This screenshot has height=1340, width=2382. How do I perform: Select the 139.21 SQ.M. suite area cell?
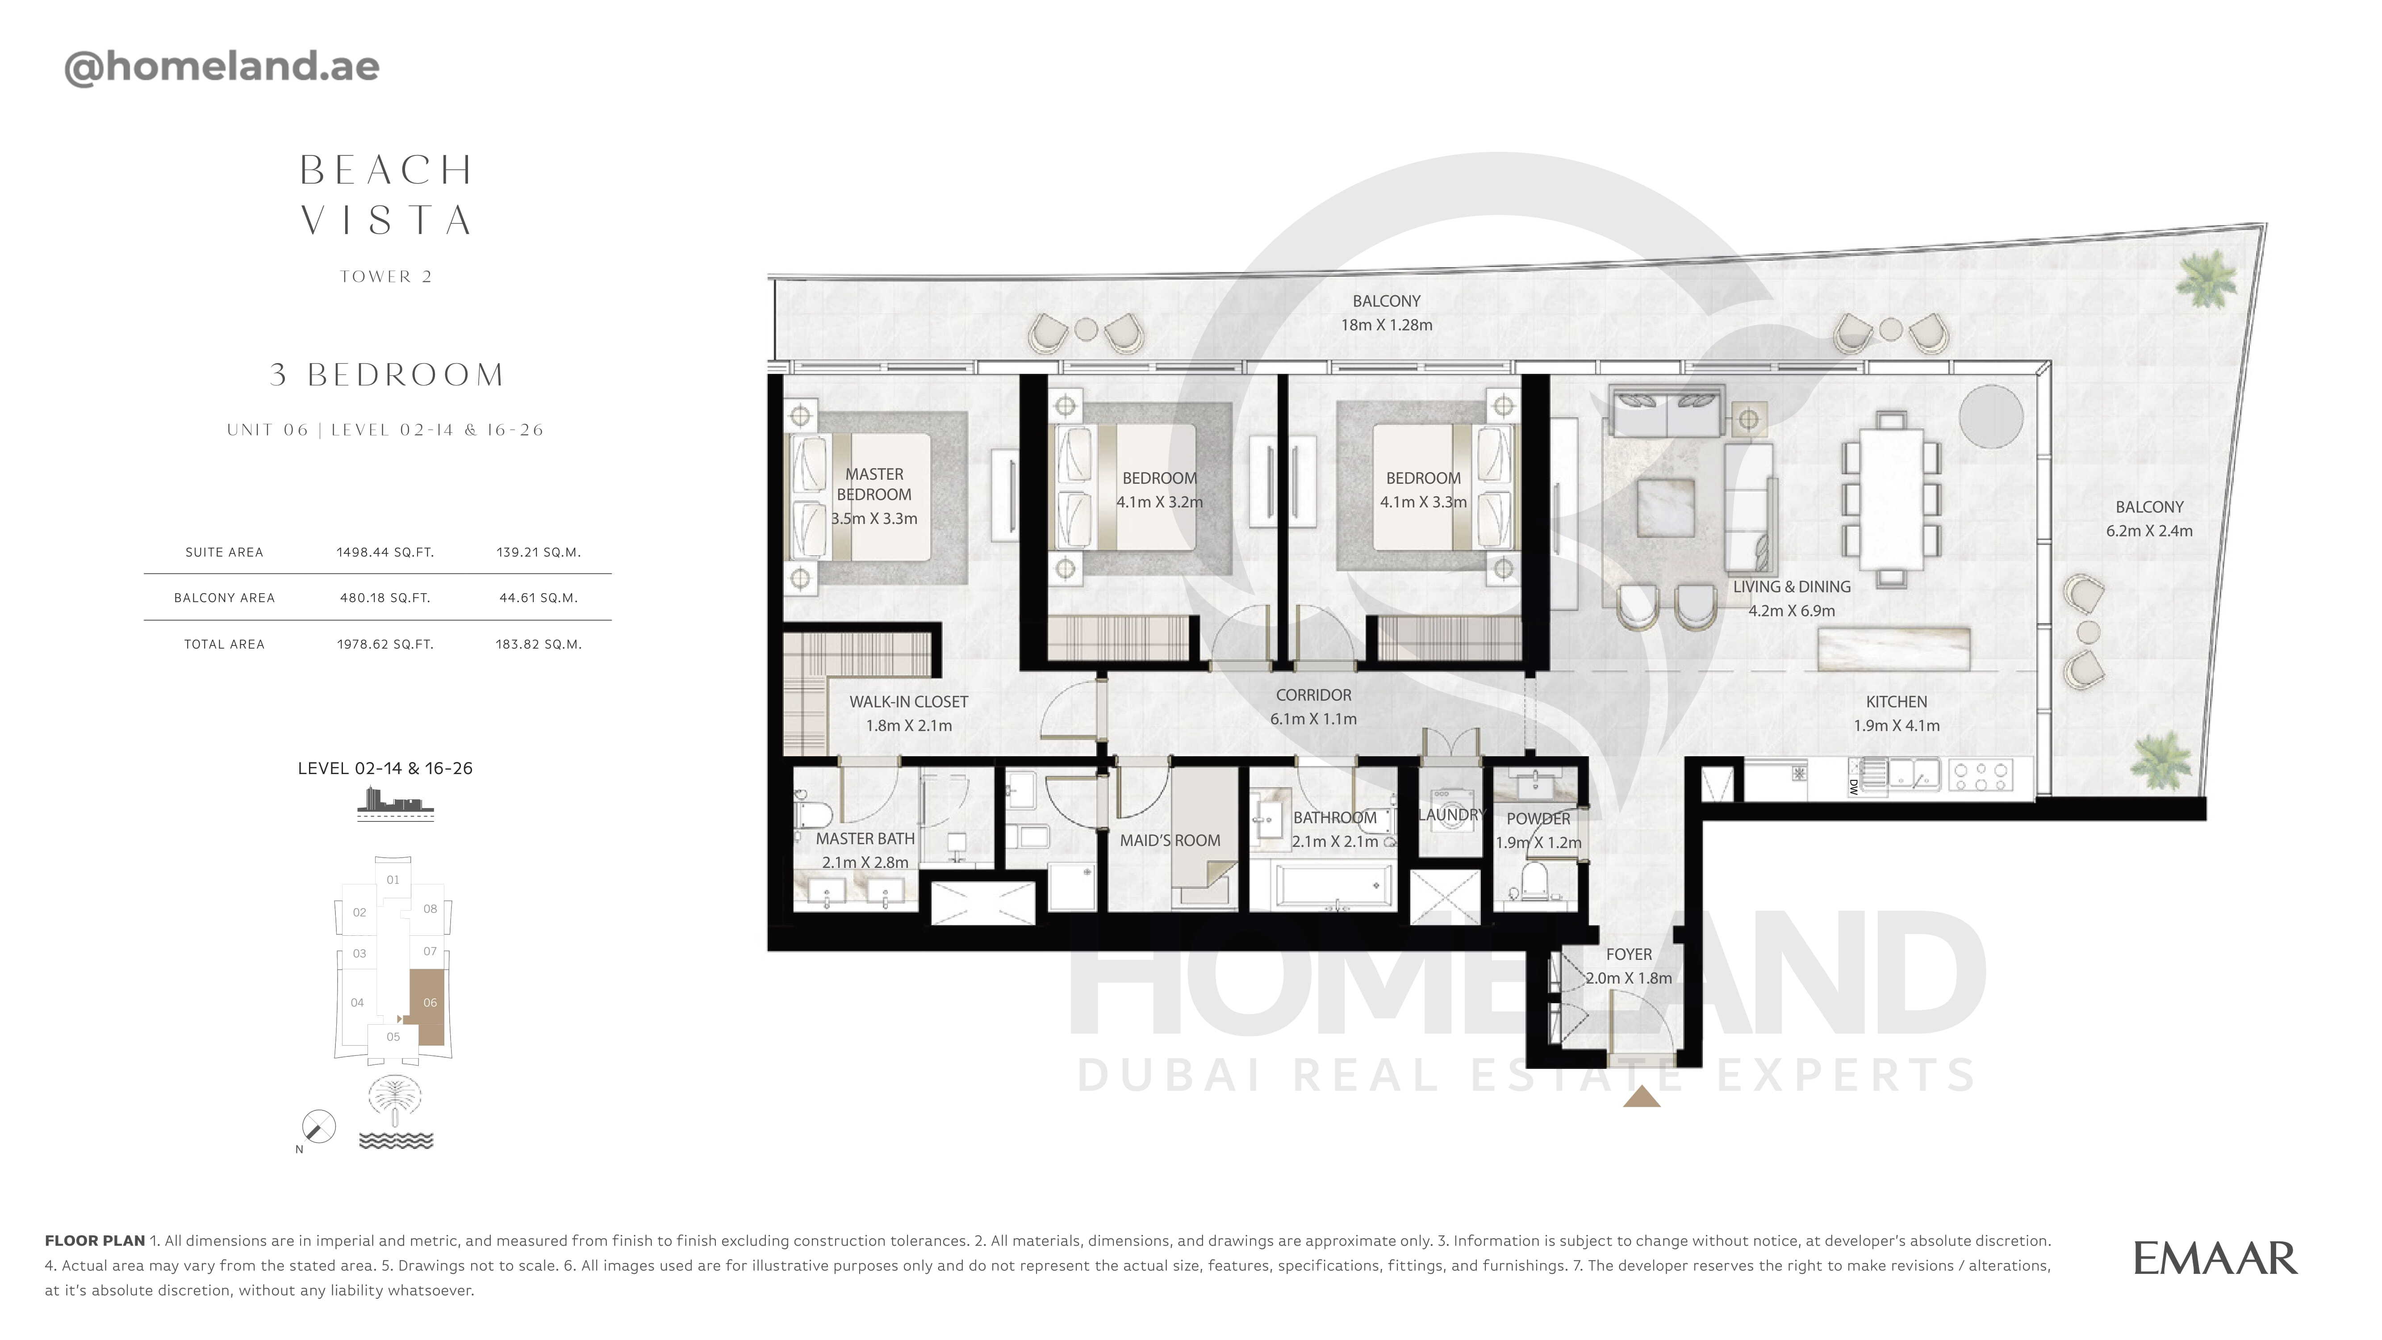pyautogui.click(x=538, y=552)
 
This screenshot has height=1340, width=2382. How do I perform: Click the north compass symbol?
pyautogui.click(x=318, y=1126)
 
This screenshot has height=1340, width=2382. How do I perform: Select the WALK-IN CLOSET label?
pyautogui.click(x=909, y=702)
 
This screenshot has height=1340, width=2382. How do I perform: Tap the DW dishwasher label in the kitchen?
pyautogui.click(x=1853, y=786)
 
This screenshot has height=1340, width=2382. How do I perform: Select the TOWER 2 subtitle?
pyautogui.click(x=385, y=276)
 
